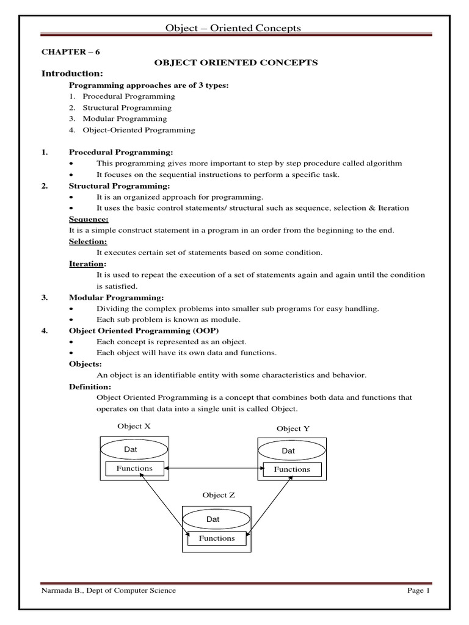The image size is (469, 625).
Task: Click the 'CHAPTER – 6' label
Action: (70, 52)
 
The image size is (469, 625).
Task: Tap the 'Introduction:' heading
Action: (70, 74)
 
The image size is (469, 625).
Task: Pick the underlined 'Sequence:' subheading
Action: (89, 219)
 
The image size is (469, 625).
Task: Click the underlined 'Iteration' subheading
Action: (87, 264)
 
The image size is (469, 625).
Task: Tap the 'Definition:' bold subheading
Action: (89, 386)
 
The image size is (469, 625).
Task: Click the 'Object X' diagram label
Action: (134, 426)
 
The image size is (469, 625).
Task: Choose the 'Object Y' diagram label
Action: (293, 428)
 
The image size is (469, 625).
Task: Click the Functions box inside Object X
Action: (135, 469)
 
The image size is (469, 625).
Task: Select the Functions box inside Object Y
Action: (292, 469)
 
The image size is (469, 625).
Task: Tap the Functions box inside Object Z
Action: (217, 538)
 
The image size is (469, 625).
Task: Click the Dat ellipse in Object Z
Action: (217, 519)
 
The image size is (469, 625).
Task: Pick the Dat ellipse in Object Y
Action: (289, 450)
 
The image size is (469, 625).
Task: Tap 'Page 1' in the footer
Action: (419, 591)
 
